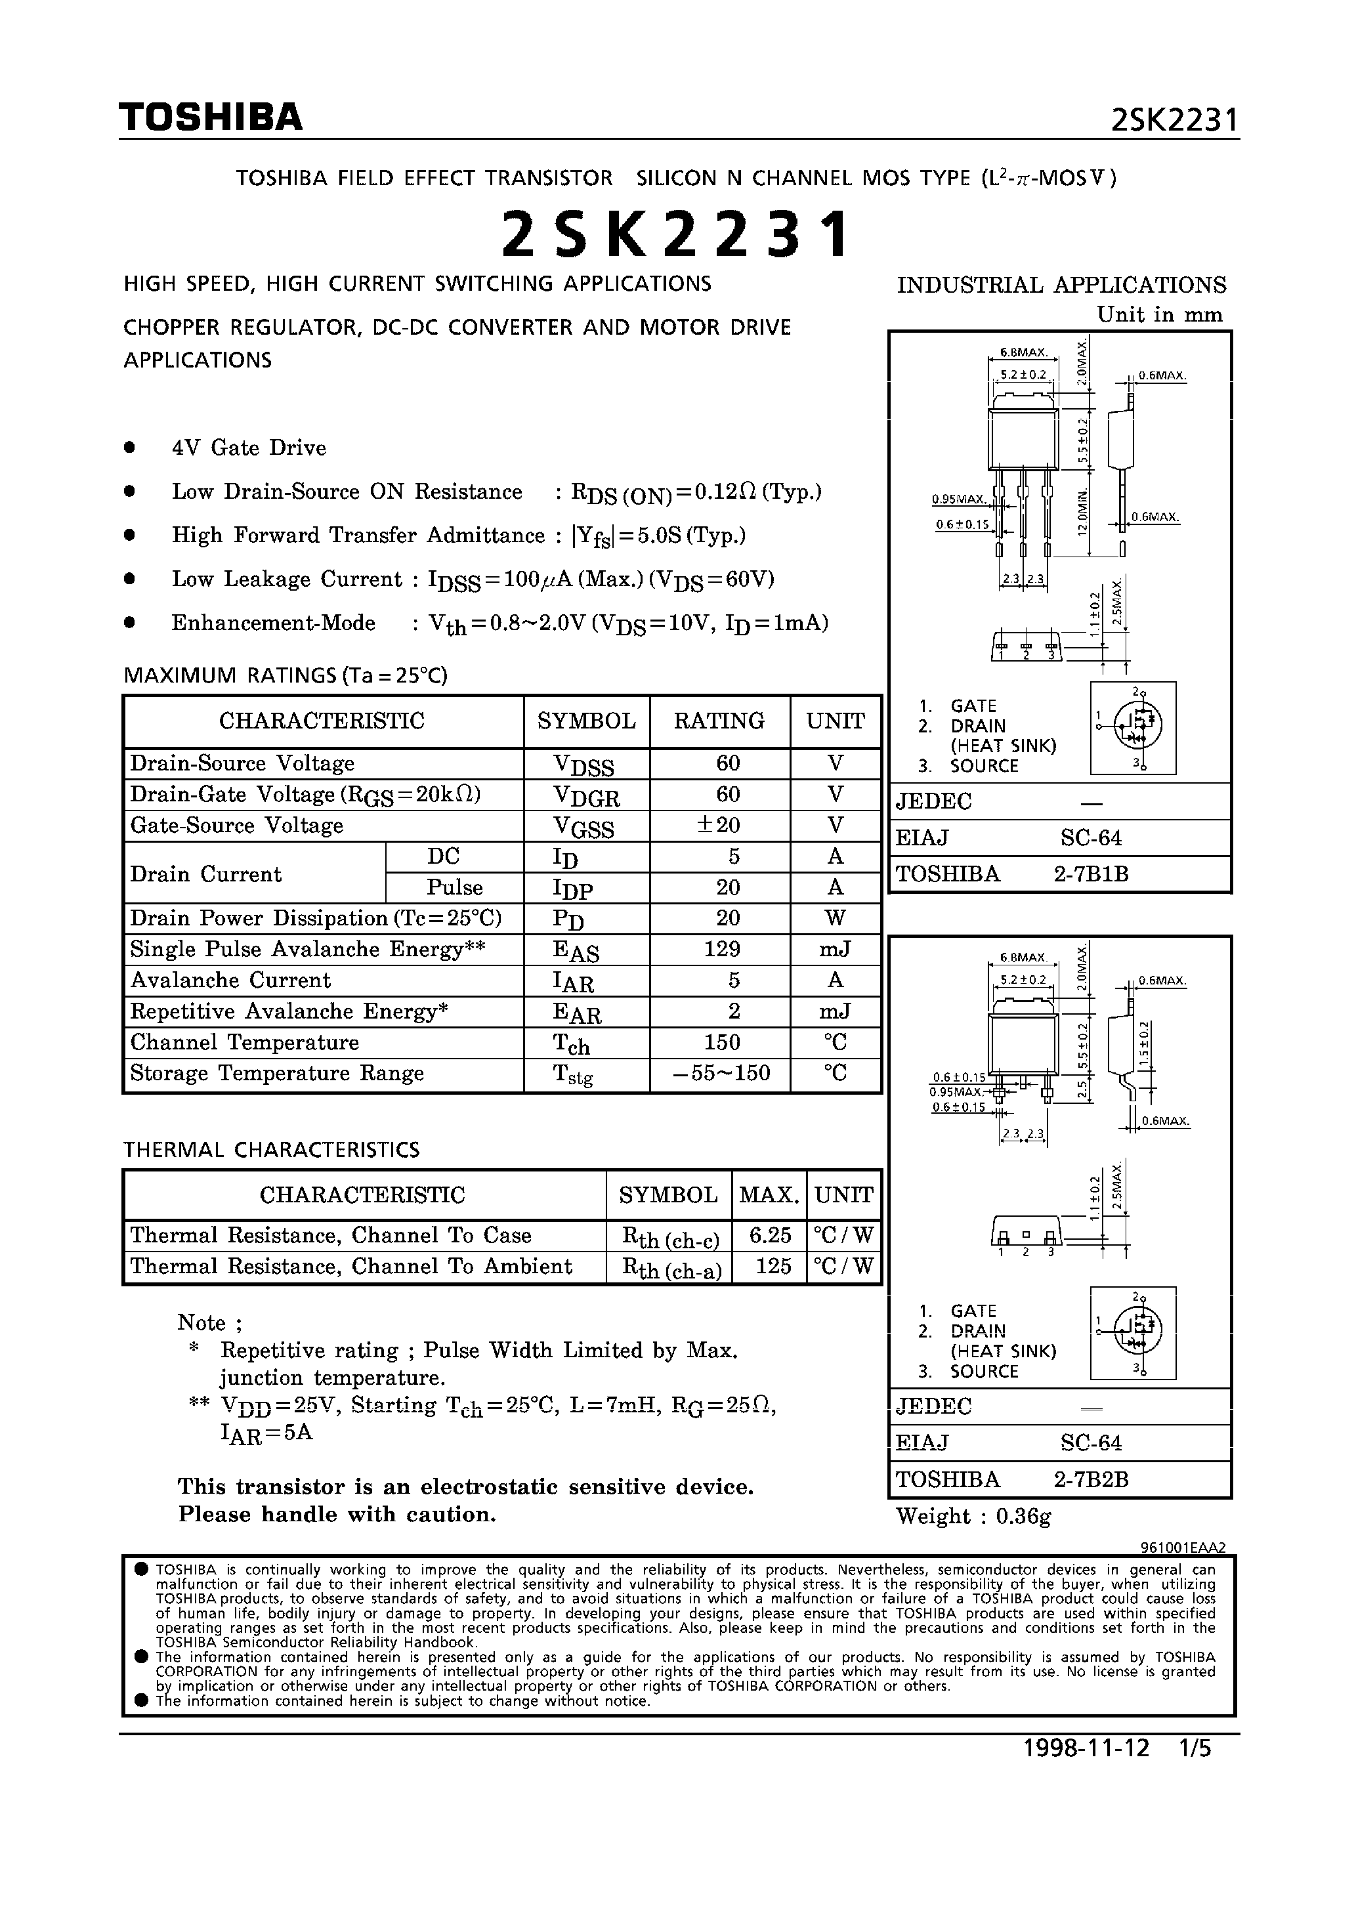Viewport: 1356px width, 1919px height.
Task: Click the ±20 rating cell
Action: coord(719,826)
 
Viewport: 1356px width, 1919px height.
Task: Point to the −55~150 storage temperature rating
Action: coord(721,1073)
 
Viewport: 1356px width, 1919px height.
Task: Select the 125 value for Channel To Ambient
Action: coord(773,1266)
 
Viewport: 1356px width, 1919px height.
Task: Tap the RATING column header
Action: coord(719,721)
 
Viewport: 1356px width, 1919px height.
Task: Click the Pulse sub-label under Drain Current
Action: coord(455,887)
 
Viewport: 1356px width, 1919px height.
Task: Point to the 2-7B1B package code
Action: coord(1091,874)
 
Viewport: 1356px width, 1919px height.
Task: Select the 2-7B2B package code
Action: coord(1091,1479)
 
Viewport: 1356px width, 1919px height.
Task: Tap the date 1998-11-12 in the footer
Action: coord(1087,1748)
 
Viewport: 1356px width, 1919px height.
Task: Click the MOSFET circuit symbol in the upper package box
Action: coord(1134,727)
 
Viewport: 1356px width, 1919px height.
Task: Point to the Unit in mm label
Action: coord(1160,315)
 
